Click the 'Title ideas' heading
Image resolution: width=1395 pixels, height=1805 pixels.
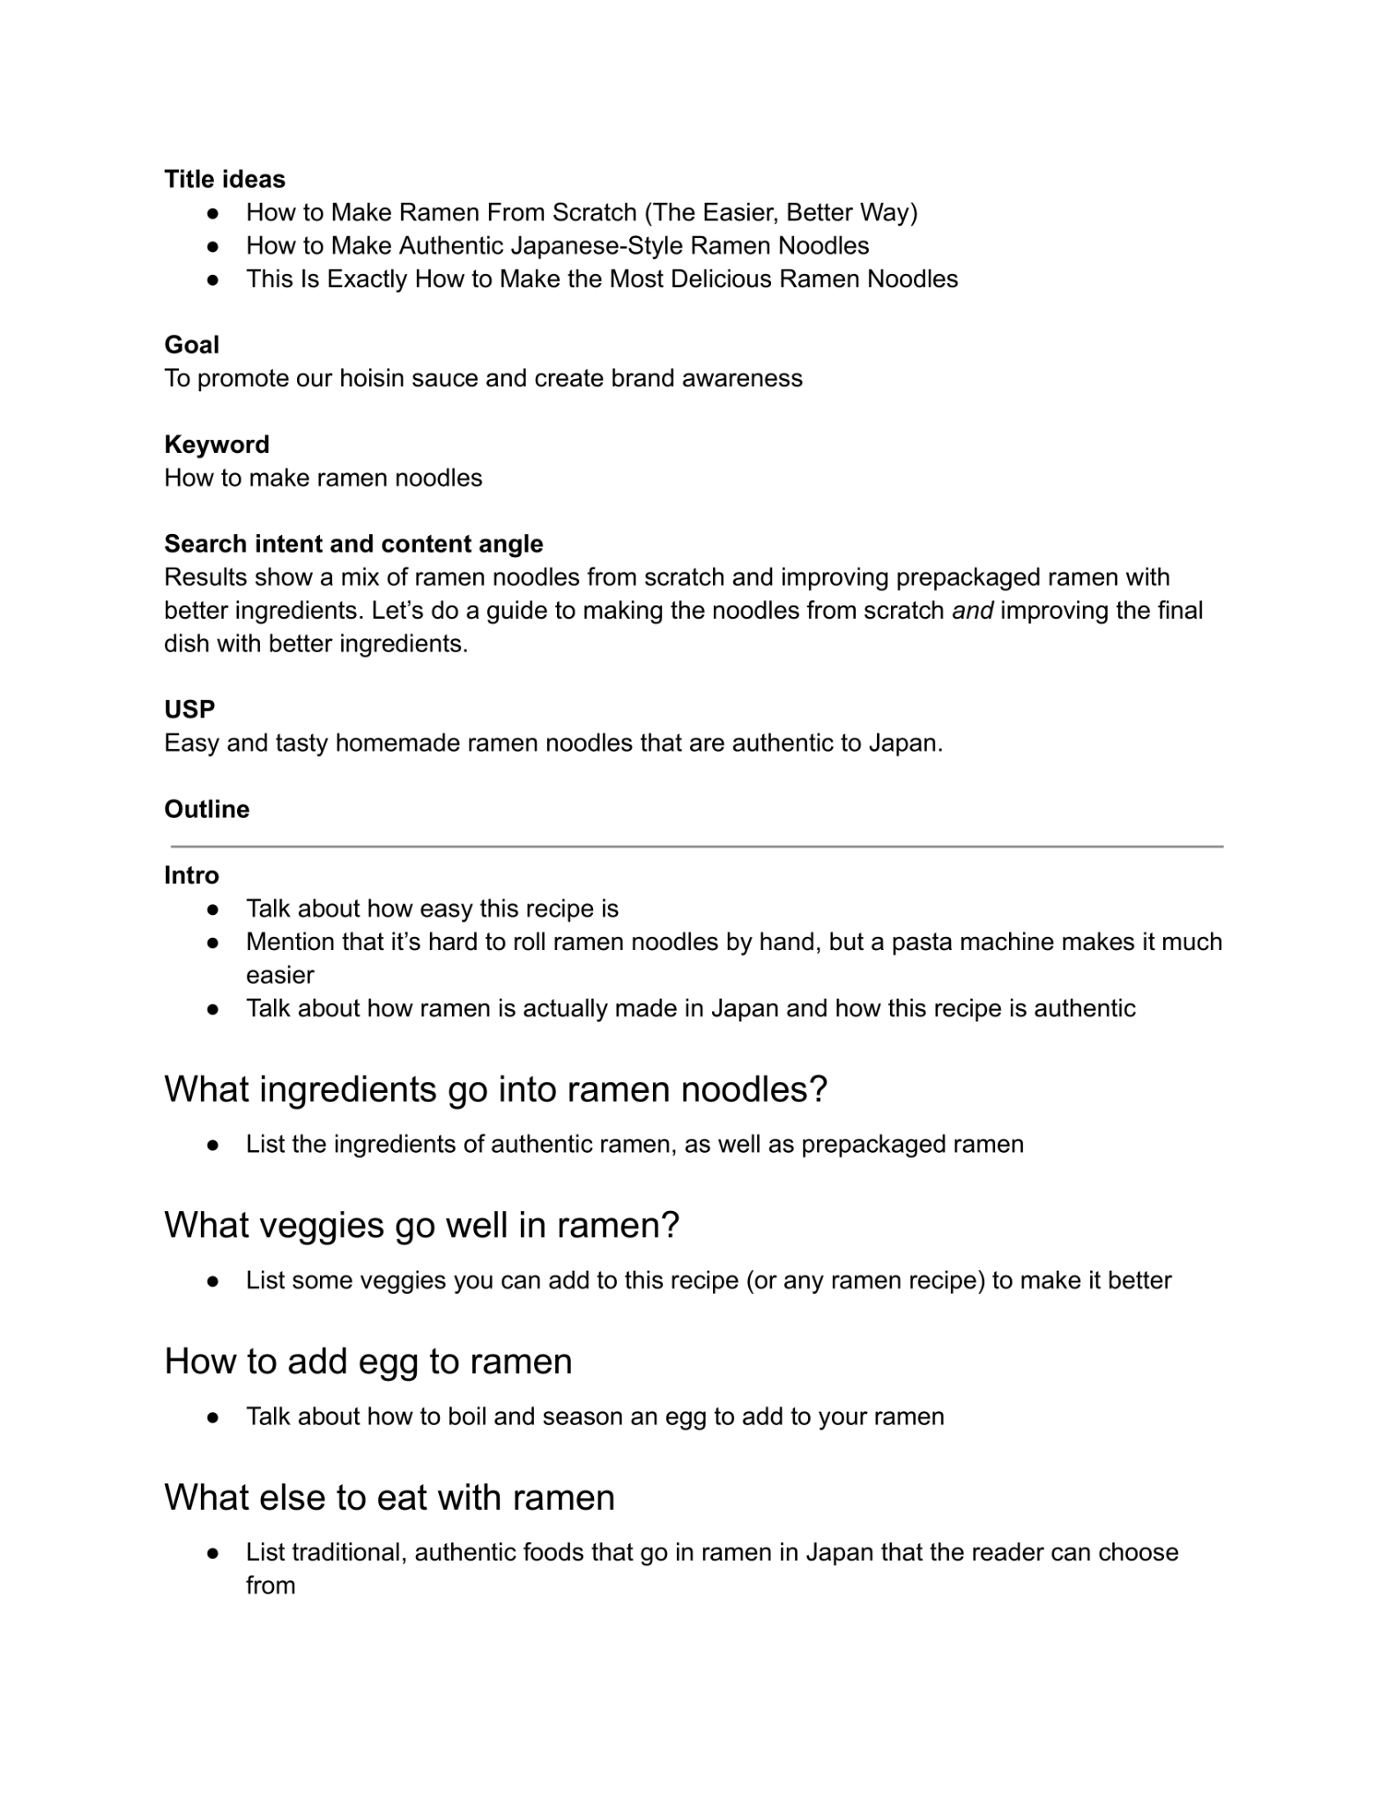pyautogui.click(x=225, y=179)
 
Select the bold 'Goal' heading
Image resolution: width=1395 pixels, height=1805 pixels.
pyautogui.click(x=191, y=345)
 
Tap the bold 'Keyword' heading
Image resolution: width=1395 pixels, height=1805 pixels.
pyautogui.click(x=217, y=444)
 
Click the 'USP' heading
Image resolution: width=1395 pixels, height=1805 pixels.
pyautogui.click(x=189, y=709)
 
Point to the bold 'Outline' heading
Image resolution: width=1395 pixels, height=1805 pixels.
pyautogui.click(x=207, y=809)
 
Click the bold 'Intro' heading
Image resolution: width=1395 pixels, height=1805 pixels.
pyautogui.click(x=191, y=875)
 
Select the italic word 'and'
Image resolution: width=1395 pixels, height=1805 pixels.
pyautogui.click(x=973, y=611)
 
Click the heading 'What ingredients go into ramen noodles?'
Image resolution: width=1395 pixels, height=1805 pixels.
pyautogui.click(x=496, y=1089)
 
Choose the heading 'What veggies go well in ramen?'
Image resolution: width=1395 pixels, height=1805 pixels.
pyautogui.click(x=422, y=1225)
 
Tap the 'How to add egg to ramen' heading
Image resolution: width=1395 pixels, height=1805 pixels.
pyautogui.click(x=368, y=1361)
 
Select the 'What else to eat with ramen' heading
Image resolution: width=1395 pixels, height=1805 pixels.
pyautogui.click(x=390, y=1497)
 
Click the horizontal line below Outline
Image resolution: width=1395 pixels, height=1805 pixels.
pyautogui.click(x=696, y=846)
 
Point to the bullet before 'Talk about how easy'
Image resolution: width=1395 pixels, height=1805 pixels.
pyautogui.click(x=212, y=910)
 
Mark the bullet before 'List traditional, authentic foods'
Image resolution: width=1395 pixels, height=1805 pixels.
pyautogui.click(x=212, y=1553)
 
